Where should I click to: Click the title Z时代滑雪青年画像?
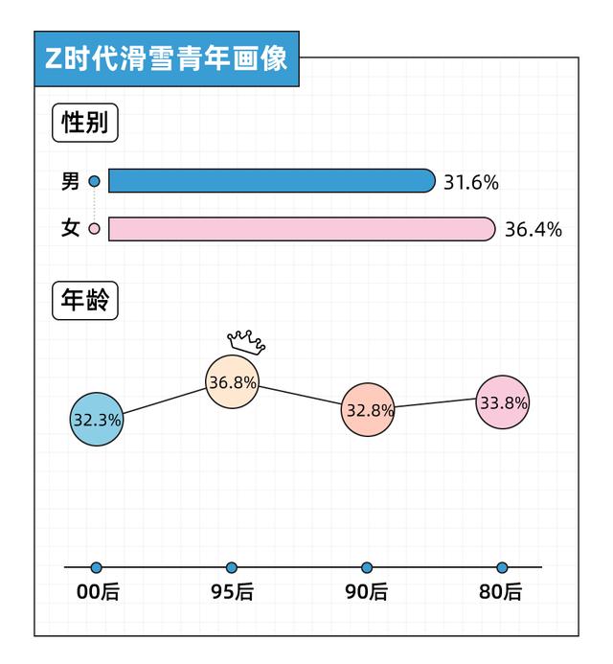166,58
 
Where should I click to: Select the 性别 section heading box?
84,123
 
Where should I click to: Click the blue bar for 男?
271,181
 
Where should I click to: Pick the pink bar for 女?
301,229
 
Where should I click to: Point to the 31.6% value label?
471,182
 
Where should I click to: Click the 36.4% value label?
533,230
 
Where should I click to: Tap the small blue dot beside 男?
94,181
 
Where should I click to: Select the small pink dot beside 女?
94,229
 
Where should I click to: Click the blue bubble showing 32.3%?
97,419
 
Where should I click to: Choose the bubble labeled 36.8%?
232,382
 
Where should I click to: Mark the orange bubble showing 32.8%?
368,410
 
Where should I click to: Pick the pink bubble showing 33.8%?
503,402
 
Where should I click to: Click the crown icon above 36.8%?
246,340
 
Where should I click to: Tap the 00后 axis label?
97,592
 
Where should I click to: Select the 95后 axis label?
232,592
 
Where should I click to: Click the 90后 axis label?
367,592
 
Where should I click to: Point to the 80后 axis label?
501,592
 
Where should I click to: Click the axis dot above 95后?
232,567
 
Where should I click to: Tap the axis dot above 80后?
502,567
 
